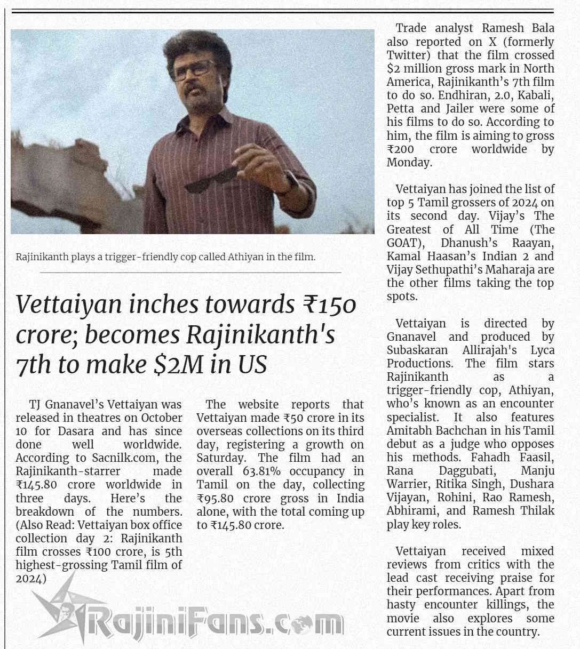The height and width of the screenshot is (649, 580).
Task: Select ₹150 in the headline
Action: click(329, 305)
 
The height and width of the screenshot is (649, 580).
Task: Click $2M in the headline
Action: click(175, 365)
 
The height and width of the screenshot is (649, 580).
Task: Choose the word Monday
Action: click(409, 163)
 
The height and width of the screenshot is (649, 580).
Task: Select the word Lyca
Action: click(542, 350)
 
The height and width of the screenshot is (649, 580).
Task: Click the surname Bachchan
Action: click(465, 431)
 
